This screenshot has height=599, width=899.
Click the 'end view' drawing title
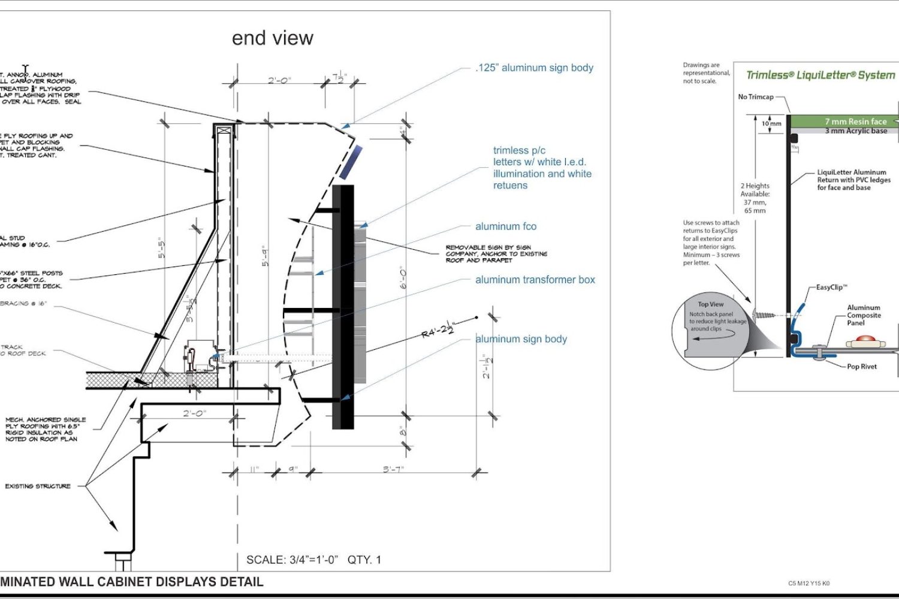[272, 38]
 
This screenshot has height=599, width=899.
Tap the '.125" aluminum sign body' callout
[534, 68]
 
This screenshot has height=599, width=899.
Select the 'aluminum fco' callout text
[506, 226]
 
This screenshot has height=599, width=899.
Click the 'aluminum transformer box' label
[535, 280]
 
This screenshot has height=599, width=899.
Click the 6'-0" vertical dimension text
[403, 278]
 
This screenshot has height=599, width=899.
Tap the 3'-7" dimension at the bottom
[393, 469]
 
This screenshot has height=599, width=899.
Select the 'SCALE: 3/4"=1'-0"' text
[292, 560]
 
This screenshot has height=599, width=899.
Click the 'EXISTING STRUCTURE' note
[38, 486]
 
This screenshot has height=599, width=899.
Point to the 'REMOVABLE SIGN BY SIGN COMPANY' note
[496, 253]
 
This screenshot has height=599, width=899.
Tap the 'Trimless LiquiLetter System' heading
[820, 75]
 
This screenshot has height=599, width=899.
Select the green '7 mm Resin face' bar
[845, 122]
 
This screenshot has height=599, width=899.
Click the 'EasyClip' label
[831, 288]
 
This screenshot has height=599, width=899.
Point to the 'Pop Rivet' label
[861, 367]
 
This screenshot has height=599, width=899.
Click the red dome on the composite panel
[865, 340]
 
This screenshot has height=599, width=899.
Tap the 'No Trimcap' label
[756, 96]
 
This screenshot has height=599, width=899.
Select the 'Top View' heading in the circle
[710, 304]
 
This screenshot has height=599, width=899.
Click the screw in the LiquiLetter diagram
[762, 314]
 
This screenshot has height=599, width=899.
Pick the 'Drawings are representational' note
[706, 73]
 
